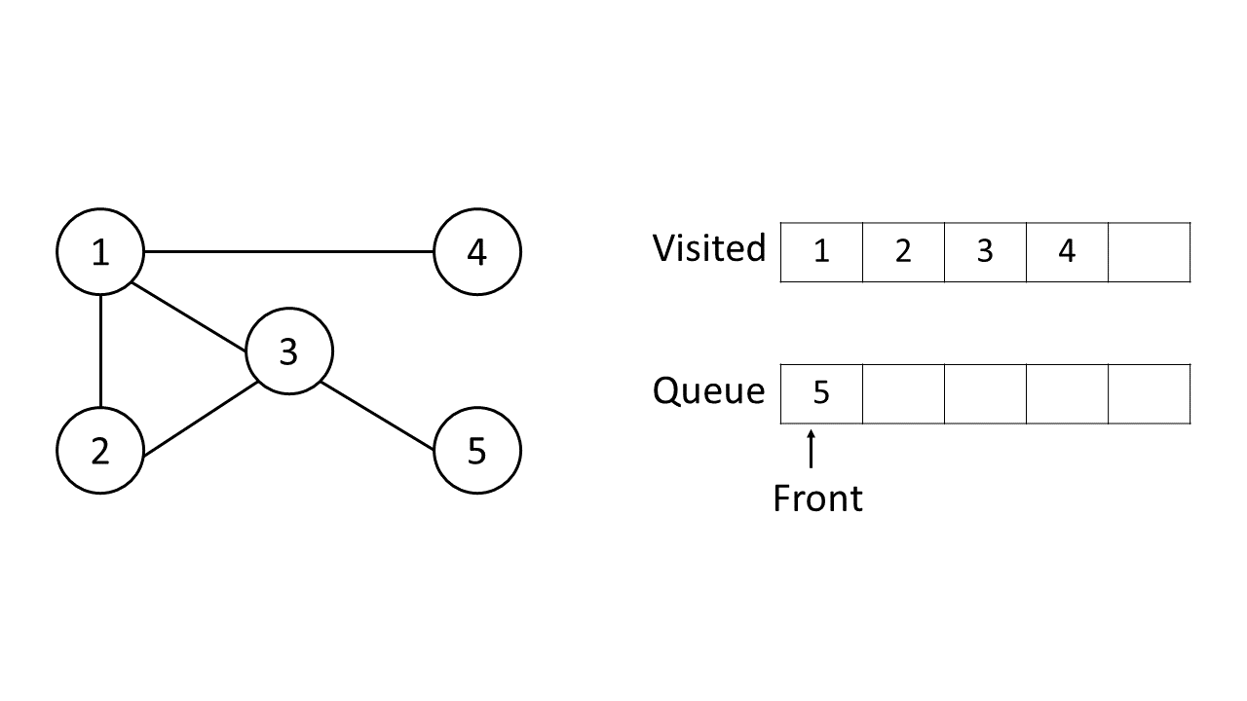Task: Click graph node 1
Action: click(100, 252)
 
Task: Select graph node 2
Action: click(100, 450)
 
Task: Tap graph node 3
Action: click(288, 350)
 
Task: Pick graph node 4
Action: click(476, 252)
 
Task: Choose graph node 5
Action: click(476, 450)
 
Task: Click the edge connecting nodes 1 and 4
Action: click(288, 252)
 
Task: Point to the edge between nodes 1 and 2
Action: click(100, 350)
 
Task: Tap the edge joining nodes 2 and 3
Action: click(199, 420)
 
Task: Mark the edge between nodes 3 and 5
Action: click(378, 416)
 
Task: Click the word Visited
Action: click(708, 248)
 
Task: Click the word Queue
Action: click(708, 391)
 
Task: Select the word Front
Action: click(817, 498)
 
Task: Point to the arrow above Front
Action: click(811, 450)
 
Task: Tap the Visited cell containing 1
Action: click(821, 252)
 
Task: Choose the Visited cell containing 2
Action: click(903, 252)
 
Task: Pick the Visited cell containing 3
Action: click(985, 252)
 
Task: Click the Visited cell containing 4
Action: click(1067, 252)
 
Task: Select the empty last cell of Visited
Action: click(1149, 252)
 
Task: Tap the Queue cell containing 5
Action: click(821, 393)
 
